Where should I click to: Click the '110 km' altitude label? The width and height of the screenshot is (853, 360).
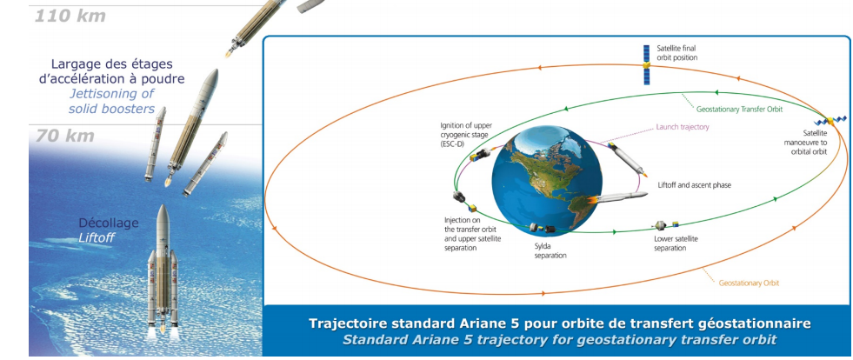coord(70,17)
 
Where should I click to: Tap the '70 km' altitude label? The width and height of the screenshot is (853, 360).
coord(65,136)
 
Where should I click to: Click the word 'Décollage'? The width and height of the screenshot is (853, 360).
coord(109,223)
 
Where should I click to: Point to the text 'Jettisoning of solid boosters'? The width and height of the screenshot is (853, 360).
coord(112,101)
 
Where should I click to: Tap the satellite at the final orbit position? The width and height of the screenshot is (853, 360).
coord(646,64)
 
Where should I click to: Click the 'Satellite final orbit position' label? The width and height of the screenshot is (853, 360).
coord(676,53)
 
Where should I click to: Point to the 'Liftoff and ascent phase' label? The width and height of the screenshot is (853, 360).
coord(694,185)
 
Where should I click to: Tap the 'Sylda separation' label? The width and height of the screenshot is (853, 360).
coord(550,250)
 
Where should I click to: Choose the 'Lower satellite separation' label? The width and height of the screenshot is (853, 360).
coord(675,243)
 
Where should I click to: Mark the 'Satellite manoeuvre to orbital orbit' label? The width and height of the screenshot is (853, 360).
coord(809,142)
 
